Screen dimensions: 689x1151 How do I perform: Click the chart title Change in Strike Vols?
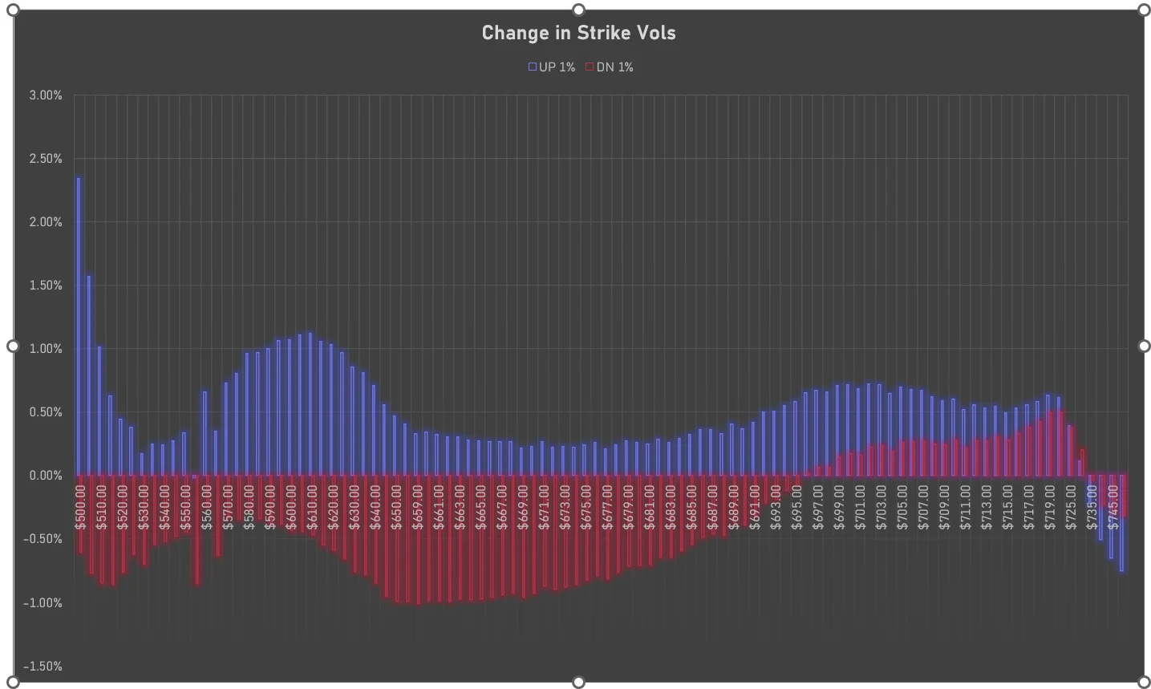pyautogui.click(x=578, y=33)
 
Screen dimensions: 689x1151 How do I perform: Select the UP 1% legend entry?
pyautogui.click(x=552, y=67)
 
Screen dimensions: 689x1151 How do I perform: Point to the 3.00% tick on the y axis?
pyautogui.click(x=45, y=95)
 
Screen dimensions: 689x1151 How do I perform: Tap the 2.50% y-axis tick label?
pyautogui.click(x=45, y=159)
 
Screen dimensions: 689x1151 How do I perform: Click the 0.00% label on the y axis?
pyautogui.click(x=45, y=476)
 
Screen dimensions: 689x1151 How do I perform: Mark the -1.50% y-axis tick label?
pyautogui.click(x=43, y=667)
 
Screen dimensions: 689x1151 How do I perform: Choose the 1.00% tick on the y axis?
pyautogui.click(x=45, y=349)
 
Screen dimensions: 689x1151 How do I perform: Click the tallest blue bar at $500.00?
pyautogui.click(x=78, y=321)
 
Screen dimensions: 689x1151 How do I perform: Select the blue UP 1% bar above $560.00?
pyautogui.click(x=205, y=433)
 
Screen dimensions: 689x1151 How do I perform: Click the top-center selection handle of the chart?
pyautogui.click(x=578, y=10)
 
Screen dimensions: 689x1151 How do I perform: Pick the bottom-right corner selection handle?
pyautogui.click(x=1144, y=683)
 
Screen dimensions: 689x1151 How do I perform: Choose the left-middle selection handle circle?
pyautogui.click(x=13, y=346)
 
